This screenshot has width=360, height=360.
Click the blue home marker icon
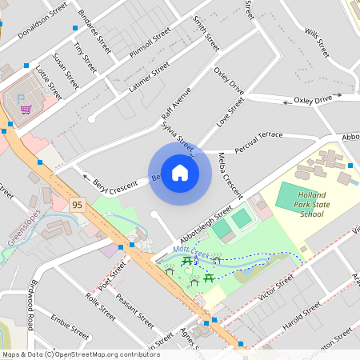[180, 173]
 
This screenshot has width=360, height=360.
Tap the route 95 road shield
[77, 205]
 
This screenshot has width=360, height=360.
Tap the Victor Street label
[278, 290]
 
